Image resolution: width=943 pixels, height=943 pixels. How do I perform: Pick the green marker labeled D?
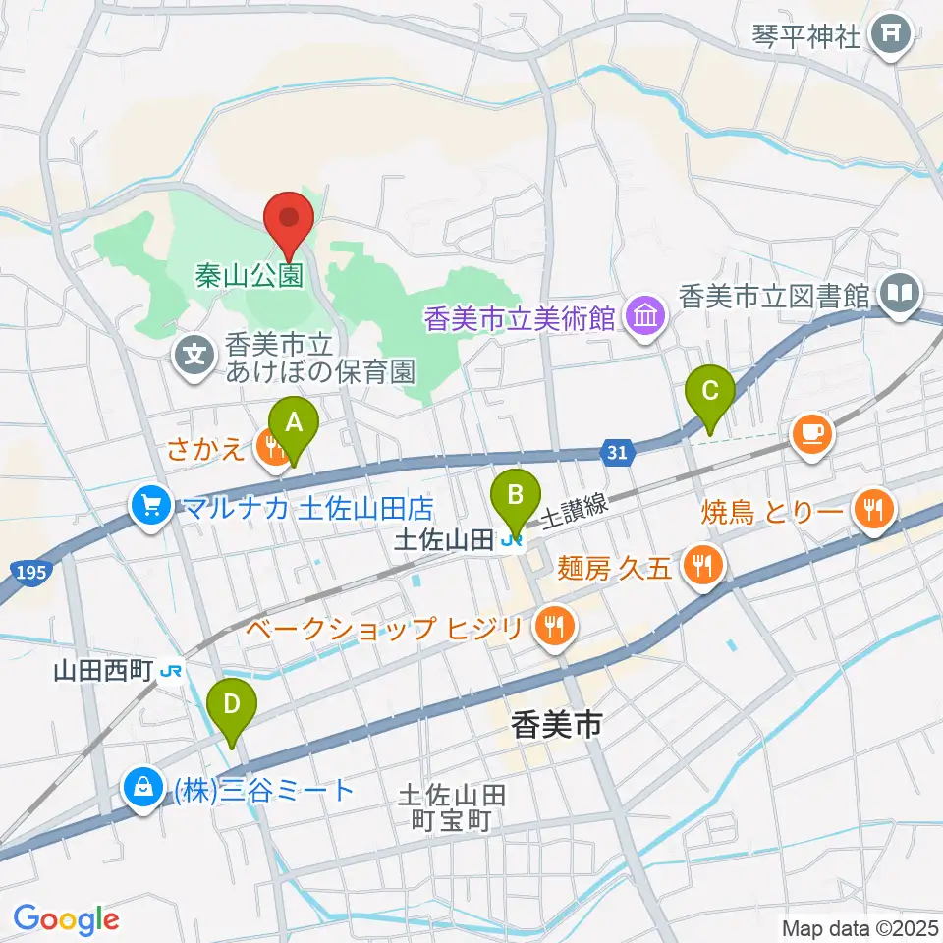[233, 705]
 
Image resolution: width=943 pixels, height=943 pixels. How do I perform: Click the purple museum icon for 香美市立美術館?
[645, 316]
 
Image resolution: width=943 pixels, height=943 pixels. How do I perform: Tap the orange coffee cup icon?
[813, 431]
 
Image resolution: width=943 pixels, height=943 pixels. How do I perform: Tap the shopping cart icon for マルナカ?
[150, 506]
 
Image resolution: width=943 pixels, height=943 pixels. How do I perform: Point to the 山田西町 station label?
[104, 671]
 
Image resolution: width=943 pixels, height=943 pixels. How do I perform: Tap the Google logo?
[66, 919]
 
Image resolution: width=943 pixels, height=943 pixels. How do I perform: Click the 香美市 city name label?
[556, 726]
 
